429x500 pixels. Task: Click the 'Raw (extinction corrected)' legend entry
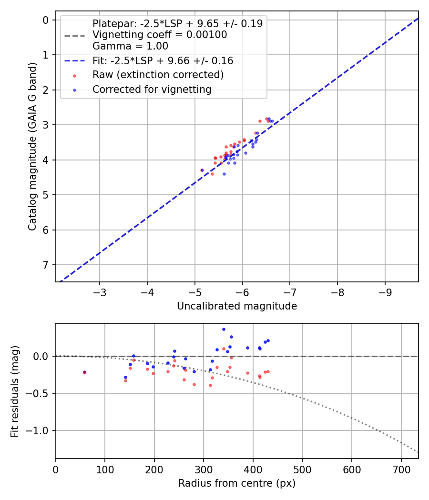(x=157, y=75)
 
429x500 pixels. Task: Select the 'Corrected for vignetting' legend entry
(x=152, y=90)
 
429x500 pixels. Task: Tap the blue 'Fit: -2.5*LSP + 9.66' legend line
(x=74, y=61)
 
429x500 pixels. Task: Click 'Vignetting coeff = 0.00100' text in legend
(x=160, y=35)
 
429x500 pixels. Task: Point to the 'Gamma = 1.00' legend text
(x=130, y=47)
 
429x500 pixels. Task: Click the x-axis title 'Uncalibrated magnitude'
(x=237, y=306)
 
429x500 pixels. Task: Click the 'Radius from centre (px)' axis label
(x=237, y=483)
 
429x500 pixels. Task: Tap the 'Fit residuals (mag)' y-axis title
(x=15, y=391)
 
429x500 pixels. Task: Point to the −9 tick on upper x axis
(x=385, y=291)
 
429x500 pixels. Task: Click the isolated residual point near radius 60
(x=84, y=372)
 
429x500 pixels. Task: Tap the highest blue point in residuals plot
(x=224, y=329)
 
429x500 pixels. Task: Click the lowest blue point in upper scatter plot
(x=224, y=174)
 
